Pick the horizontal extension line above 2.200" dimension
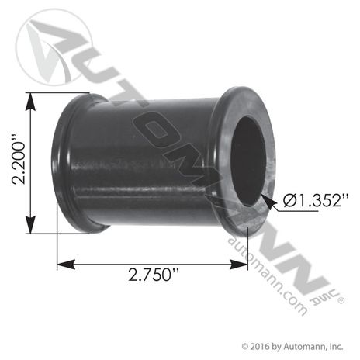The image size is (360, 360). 58,93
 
